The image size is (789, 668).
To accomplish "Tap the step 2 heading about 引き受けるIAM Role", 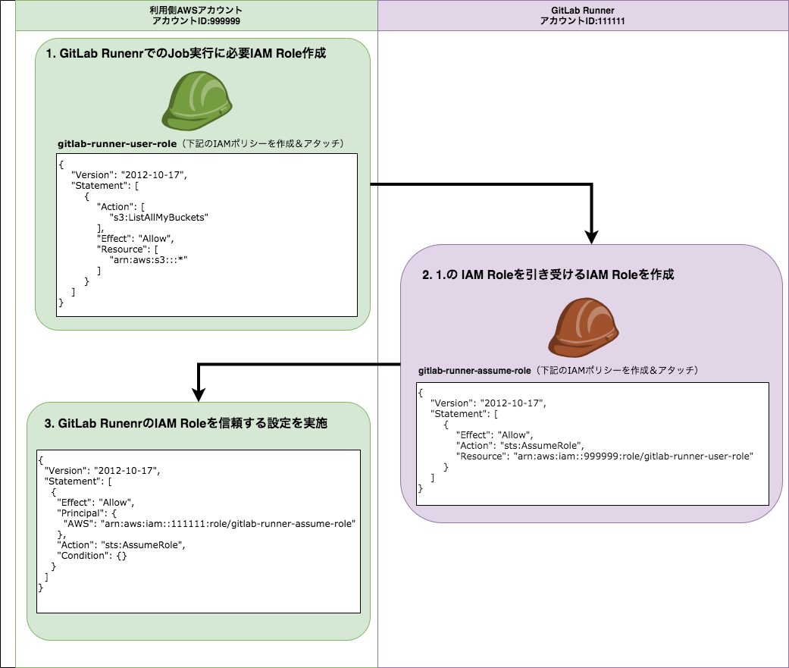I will coord(548,275).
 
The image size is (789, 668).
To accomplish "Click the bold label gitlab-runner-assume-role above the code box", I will coord(474,371).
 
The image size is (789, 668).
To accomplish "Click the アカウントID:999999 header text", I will coord(196,22).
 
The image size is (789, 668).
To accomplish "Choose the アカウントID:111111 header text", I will coord(582,22).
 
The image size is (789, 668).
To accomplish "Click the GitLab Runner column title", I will coord(582,10).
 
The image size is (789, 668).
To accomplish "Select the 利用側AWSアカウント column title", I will coord(196,10).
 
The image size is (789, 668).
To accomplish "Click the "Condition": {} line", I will coord(92,556).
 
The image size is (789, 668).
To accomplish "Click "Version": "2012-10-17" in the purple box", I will coord(488,402).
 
